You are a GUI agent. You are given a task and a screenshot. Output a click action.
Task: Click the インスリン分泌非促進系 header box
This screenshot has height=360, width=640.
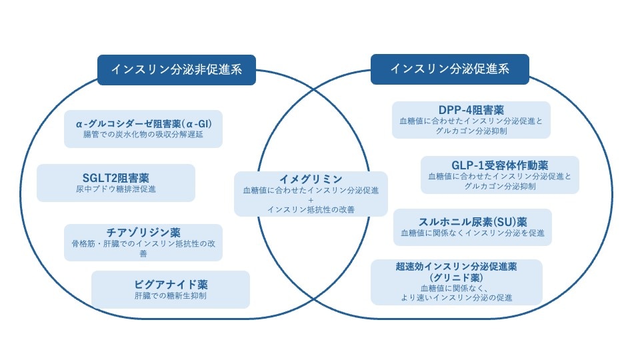click(176, 69)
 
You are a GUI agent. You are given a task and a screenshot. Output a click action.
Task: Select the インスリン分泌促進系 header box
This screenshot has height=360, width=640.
click(449, 69)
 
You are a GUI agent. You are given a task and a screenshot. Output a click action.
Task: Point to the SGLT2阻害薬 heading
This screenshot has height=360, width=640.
click(116, 177)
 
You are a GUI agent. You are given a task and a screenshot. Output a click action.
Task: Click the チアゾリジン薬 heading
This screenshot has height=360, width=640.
click(143, 233)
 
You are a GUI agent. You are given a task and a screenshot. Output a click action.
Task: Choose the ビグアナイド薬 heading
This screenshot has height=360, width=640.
click(171, 284)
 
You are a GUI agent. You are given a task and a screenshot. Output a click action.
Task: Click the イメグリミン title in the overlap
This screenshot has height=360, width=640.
click(311, 179)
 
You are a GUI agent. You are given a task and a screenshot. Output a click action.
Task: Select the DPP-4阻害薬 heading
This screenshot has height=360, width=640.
click(471, 110)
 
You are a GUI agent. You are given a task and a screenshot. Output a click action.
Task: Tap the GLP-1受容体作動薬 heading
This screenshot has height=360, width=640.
click(499, 165)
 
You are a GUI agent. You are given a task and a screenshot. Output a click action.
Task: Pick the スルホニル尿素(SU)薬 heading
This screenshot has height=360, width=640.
click(473, 221)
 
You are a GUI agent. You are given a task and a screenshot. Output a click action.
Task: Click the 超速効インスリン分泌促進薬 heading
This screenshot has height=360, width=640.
click(456, 266)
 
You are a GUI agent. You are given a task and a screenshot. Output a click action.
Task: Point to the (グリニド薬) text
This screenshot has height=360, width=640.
click(456, 277)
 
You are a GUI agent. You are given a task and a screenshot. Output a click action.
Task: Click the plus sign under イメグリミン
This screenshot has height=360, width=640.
click(311, 200)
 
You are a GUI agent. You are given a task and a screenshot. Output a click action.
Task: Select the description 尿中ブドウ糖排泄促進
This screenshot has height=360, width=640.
click(116, 189)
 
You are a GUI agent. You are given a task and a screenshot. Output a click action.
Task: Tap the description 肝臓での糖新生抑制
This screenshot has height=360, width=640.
click(171, 295)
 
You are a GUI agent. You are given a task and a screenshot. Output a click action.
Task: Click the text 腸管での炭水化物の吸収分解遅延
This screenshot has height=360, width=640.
click(143, 134)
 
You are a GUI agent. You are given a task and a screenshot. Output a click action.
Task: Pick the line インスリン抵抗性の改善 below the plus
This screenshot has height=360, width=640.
click(311, 209)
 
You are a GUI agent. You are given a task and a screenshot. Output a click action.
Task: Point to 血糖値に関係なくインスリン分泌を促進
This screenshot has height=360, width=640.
click(473, 233)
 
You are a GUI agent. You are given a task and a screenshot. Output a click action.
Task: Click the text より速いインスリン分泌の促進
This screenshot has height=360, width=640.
click(456, 297)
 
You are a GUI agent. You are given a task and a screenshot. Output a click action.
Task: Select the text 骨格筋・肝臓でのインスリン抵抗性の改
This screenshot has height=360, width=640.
click(143, 244)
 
